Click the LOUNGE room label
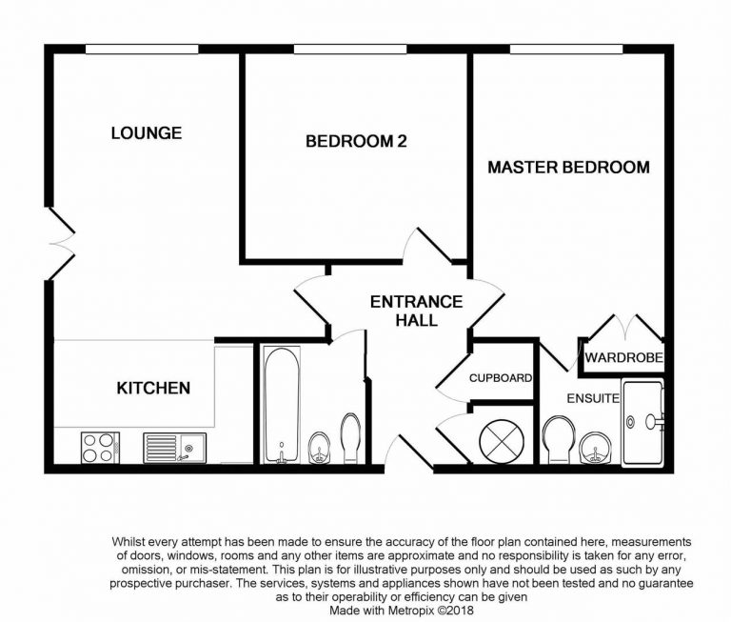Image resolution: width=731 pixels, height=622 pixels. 146,132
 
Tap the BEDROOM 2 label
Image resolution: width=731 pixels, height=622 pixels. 356,142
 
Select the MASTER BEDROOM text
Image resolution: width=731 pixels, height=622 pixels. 568,168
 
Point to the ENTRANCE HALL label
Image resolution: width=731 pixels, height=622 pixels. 416,311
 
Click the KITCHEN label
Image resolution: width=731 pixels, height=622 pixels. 153,388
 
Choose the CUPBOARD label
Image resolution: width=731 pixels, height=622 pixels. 500,378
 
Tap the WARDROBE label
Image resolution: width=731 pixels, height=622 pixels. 623,359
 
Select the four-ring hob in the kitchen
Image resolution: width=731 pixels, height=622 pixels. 99,448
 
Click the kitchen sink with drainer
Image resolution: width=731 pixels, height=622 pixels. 174,447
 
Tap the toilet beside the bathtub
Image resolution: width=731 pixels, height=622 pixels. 349,436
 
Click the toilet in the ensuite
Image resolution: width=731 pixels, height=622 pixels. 558,442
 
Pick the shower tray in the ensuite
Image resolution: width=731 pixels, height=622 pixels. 645,421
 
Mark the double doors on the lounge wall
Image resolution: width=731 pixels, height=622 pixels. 59,244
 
